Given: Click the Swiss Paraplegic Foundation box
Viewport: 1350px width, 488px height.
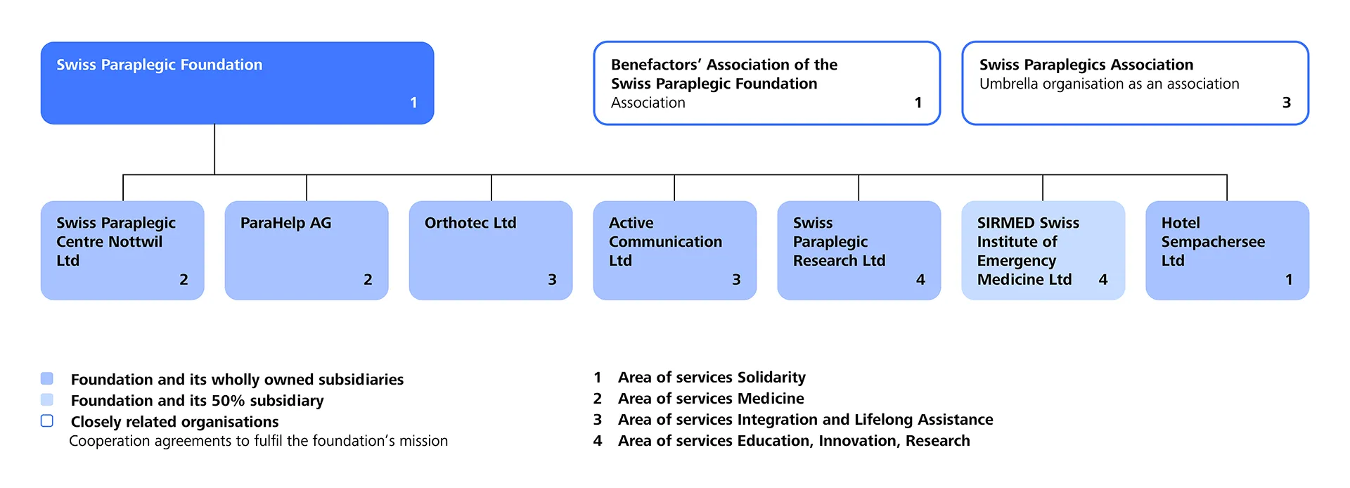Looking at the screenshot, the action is pos(237,83).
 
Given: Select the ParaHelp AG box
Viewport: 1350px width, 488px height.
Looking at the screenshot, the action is pos(307,250).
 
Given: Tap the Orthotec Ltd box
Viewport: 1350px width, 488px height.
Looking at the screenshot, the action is pos(491,250).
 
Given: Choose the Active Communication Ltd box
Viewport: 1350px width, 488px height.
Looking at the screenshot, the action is pos(675,250).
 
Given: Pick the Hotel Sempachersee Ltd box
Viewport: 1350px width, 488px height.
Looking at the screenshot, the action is pos(1228,250).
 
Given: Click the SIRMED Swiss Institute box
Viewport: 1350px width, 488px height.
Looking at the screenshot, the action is pos(1043,250).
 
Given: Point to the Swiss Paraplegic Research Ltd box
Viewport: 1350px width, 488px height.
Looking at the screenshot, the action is pos(859,250).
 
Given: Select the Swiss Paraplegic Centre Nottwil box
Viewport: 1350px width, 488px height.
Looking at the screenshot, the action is pos(122,250).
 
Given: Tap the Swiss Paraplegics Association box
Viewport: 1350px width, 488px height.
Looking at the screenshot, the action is pos(1136,83).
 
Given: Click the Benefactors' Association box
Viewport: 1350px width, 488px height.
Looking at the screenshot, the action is pos(767,83).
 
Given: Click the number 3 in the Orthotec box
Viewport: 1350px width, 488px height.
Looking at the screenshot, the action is pos(553,280).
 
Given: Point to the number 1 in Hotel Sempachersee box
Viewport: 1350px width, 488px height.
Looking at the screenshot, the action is pos(1289,280).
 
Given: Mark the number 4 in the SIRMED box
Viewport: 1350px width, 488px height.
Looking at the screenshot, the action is pos(1103,280).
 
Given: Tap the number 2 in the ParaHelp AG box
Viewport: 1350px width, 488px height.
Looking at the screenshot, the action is pos(368,280).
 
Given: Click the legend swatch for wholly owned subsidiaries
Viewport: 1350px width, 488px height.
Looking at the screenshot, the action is pos(47,378).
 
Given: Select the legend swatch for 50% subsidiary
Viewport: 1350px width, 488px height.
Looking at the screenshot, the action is pos(47,399).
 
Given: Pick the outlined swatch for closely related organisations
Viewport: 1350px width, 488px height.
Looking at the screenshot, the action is pos(47,420).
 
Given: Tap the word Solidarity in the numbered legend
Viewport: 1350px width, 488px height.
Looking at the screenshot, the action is pos(771,378).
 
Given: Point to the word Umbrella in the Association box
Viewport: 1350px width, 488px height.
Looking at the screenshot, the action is pos(1009,84).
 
